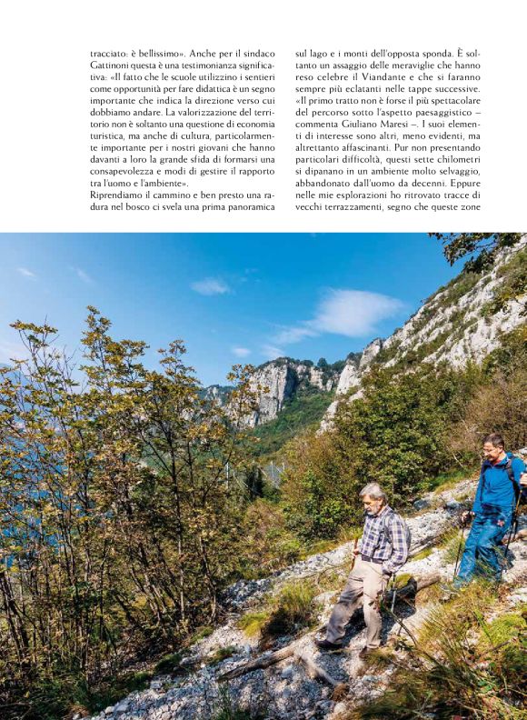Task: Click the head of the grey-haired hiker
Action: click(372, 496)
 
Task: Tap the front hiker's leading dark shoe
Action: click(327, 644)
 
